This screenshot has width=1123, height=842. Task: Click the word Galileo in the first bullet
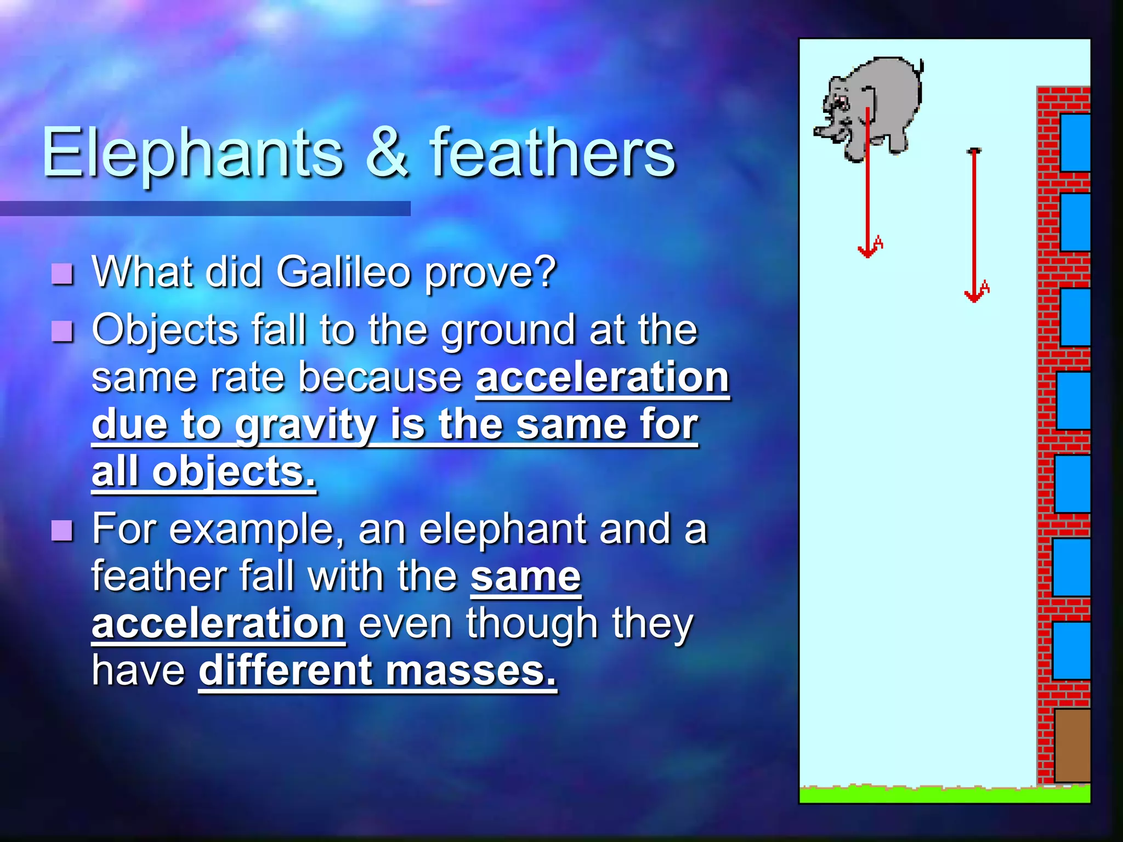point(343,272)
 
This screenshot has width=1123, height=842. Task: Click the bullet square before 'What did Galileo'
point(63,274)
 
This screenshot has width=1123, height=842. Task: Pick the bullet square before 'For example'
point(63,530)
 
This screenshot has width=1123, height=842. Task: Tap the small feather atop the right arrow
point(974,150)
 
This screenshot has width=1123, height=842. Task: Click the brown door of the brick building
point(1072,746)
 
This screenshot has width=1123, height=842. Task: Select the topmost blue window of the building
point(1075,143)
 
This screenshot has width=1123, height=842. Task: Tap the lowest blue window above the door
point(1071,651)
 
